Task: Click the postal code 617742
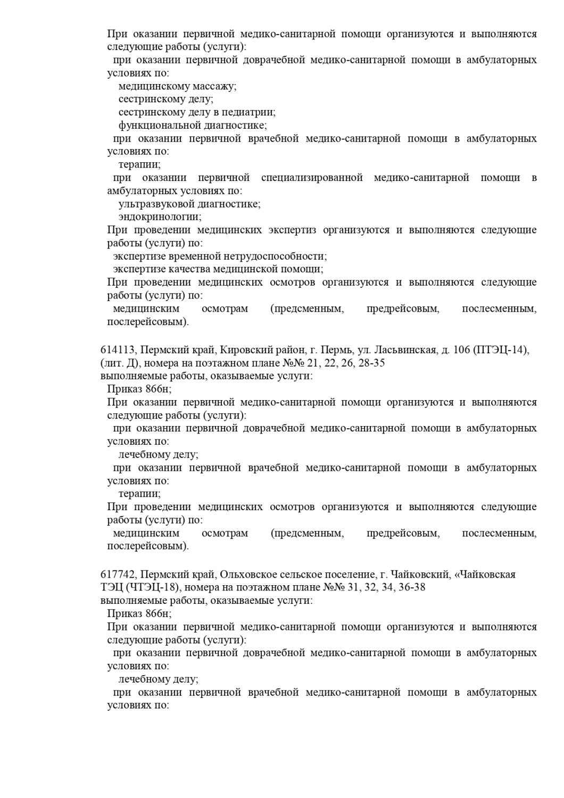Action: click(119, 575)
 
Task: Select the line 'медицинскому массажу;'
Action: click(177, 86)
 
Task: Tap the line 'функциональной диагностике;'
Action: click(193, 126)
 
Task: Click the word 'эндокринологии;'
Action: click(160, 217)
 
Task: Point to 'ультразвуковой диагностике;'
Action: click(189, 204)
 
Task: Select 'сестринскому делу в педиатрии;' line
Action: click(197, 112)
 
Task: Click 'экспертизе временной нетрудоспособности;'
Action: click(220, 256)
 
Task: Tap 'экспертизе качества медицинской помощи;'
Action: click(218, 269)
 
